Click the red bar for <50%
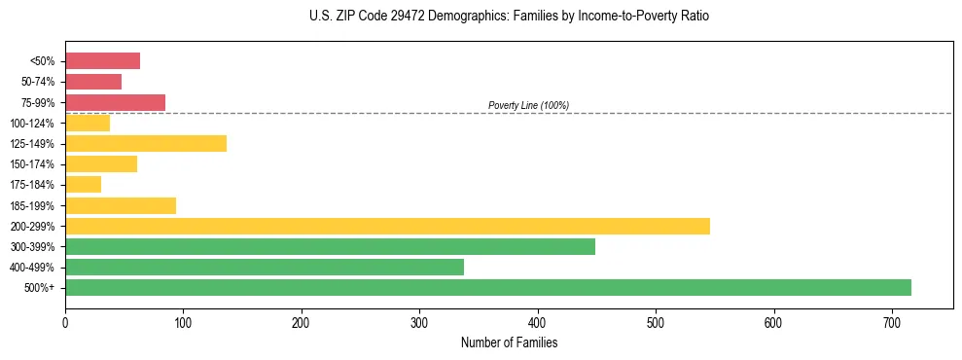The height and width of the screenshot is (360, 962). (102, 61)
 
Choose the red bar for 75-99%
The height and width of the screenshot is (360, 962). (115, 102)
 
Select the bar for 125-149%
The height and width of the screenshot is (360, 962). (146, 143)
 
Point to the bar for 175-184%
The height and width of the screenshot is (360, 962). (83, 185)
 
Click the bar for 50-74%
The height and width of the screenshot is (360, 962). (93, 82)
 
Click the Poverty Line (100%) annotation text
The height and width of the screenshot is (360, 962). (528, 105)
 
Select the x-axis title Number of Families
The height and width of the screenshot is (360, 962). (509, 342)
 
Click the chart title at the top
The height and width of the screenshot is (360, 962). (510, 17)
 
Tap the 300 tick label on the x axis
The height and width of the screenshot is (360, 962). (419, 321)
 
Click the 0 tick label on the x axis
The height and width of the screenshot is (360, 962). (65, 321)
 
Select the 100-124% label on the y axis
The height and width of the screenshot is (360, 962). (32, 124)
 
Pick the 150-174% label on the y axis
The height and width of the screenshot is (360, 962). (32, 164)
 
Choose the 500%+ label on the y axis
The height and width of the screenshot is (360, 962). (40, 288)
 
